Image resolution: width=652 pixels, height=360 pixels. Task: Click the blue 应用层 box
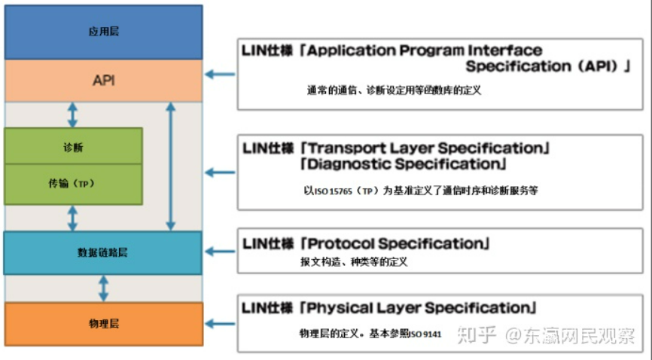click(103, 32)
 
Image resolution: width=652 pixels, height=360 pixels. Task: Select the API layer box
click(103, 80)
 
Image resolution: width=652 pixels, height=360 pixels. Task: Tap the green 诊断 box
click(73, 146)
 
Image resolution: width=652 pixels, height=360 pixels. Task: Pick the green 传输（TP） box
click(73, 184)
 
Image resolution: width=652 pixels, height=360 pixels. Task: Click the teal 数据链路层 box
click(102, 252)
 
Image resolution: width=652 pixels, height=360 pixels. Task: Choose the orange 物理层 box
click(103, 324)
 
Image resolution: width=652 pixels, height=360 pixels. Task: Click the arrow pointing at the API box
click(220, 74)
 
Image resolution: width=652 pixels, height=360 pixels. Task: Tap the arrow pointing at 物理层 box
click(220, 323)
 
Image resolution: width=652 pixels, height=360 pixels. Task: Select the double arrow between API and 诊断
click(73, 114)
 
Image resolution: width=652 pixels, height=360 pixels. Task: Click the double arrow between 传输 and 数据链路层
click(73, 218)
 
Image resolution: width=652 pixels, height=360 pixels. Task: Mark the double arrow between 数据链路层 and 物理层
click(103, 288)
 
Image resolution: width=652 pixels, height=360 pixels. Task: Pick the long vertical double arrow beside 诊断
click(171, 166)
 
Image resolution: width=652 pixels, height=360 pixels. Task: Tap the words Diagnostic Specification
click(402, 163)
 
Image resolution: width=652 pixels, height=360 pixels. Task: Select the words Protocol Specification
click(395, 243)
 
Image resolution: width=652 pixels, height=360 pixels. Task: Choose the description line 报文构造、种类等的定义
click(354, 262)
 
